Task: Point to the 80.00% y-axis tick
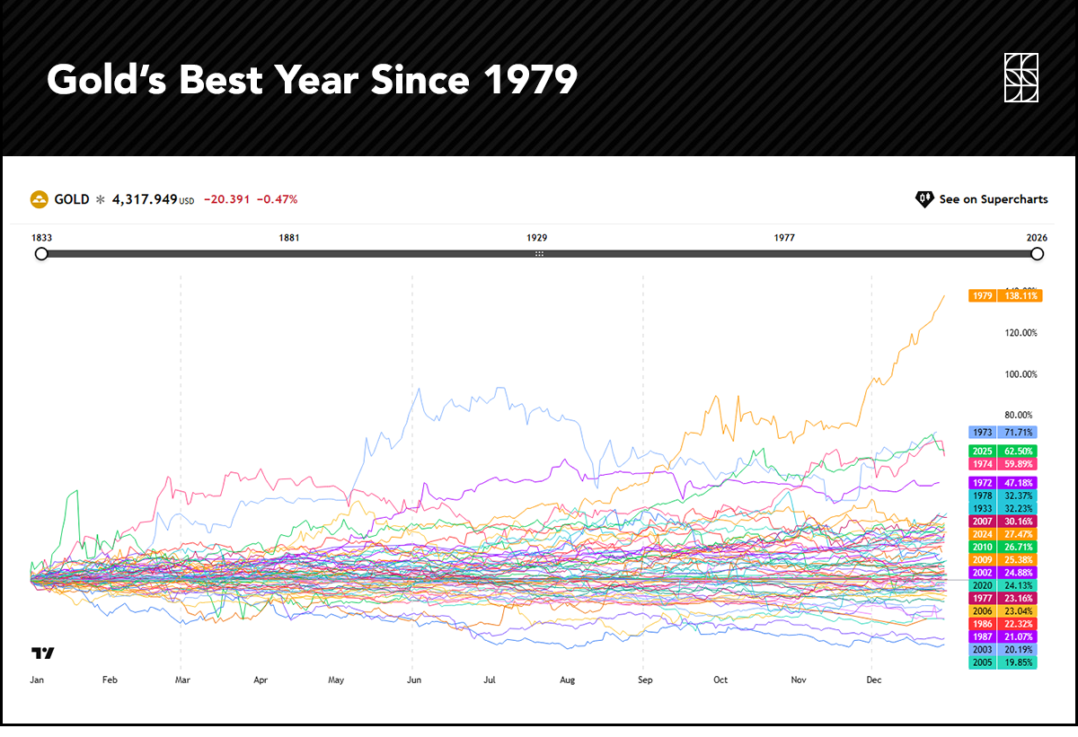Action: point(1018,416)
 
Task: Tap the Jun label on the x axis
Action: point(414,680)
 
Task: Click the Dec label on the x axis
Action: point(874,680)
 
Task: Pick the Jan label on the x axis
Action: point(37,680)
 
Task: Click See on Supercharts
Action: point(982,199)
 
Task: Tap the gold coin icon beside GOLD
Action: point(39,199)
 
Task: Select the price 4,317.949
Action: point(144,199)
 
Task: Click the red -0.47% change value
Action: point(277,199)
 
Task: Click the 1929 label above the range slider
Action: point(537,238)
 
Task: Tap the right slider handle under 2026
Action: point(1038,254)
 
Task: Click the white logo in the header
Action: point(1021,79)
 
